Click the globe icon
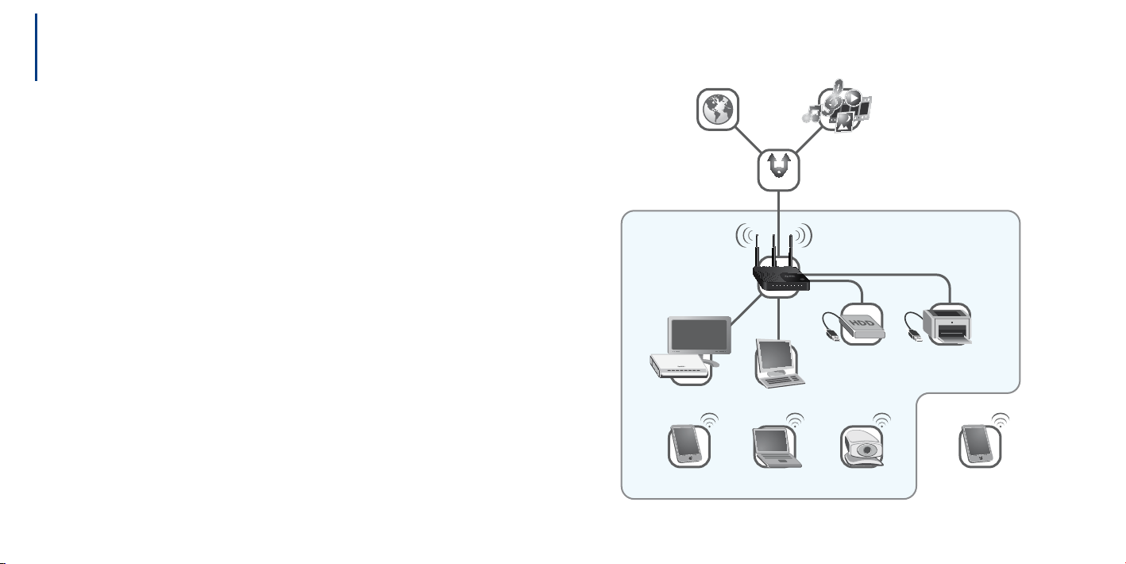[x=717, y=110]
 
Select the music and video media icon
[x=838, y=106]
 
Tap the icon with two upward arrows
[x=779, y=165]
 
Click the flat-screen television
[x=700, y=336]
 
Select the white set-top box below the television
[x=679, y=366]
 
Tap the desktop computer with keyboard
[x=779, y=363]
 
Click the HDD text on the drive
[x=861, y=323]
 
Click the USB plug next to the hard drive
[x=832, y=334]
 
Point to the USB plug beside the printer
[x=916, y=334]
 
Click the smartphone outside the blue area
[x=979, y=445]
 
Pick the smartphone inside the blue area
[x=688, y=444]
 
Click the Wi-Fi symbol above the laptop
[x=795, y=420]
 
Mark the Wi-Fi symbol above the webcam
[x=881, y=420]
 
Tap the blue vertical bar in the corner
[x=37, y=47]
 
